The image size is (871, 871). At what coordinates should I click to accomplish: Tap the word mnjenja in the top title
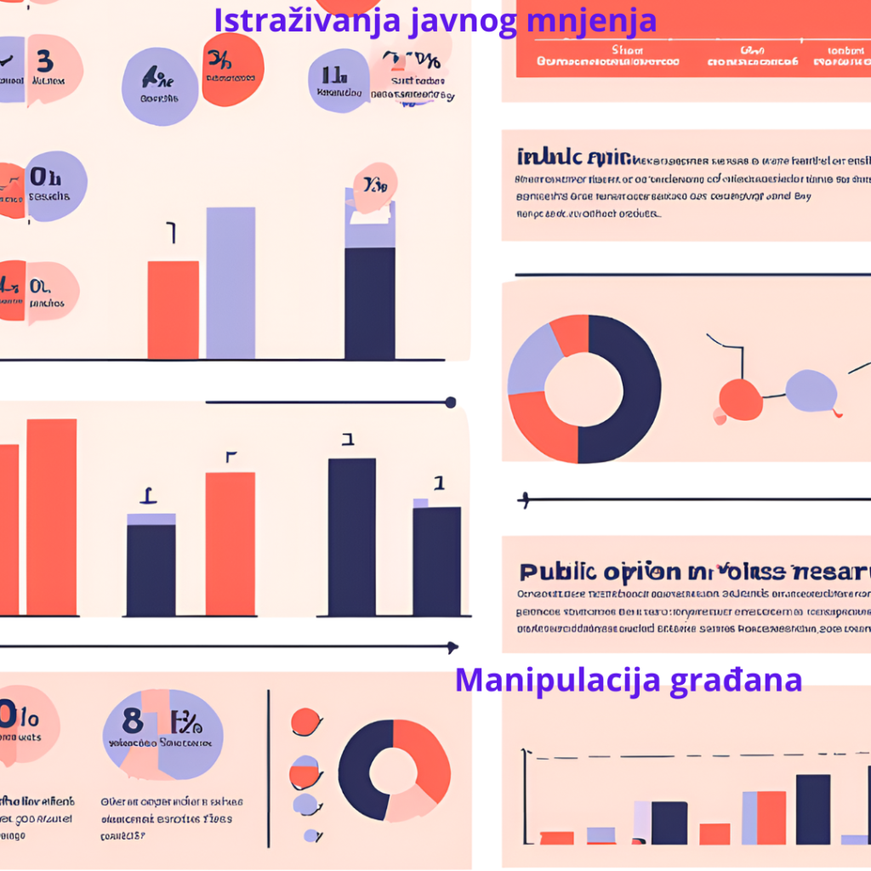[592, 20]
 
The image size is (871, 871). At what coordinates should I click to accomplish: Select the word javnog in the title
[463, 20]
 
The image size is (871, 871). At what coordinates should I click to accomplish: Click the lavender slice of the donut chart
[531, 361]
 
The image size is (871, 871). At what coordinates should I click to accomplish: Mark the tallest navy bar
[351, 536]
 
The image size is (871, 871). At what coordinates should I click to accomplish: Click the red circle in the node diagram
[740, 399]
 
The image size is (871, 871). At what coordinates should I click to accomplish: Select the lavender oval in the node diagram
[811, 390]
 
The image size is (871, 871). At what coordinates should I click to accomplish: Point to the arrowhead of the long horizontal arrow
[453, 647]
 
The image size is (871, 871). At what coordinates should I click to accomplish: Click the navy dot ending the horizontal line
[451, 402]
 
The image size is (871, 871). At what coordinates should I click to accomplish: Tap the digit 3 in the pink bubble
[44, 61]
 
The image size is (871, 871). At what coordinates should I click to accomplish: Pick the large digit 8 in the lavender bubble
[133, 721]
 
